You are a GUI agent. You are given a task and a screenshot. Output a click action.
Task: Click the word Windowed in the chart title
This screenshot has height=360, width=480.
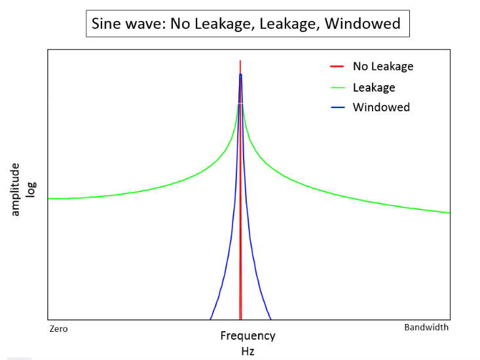[362, 24]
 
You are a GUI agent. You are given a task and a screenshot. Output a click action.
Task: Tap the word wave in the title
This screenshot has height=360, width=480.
[144, 24]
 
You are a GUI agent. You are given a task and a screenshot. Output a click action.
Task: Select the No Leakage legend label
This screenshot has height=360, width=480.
[382, 66]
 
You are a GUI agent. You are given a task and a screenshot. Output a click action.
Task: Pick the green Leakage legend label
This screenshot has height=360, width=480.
[373, 87]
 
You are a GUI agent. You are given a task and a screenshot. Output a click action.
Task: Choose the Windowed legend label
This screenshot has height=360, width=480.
[381, 107]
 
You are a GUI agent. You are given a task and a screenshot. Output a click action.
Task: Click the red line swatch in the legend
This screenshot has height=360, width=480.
[337, 66]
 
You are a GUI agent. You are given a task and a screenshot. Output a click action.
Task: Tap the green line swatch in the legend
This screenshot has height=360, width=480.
[337, 87]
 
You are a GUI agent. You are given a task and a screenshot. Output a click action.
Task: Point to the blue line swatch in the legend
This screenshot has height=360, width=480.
[337, 107]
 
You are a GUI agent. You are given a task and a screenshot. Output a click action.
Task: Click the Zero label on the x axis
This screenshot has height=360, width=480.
[59, 329]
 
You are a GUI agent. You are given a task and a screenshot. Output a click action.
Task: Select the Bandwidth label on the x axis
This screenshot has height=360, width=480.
[426, 327]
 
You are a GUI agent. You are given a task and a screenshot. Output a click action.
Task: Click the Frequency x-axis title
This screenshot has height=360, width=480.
[248, 336]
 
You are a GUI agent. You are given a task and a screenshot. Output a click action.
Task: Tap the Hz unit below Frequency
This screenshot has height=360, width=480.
[248, 351]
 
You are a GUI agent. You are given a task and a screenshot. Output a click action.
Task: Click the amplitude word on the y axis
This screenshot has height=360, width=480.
[16, 189]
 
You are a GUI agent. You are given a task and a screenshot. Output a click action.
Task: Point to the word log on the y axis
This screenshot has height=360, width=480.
[31, 189]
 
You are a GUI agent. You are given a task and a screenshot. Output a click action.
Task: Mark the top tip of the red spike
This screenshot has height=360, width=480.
[240, 61]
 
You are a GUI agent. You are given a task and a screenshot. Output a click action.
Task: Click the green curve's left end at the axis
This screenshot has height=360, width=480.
[48, 198]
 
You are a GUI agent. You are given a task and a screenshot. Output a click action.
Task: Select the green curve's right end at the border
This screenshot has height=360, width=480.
[449, 213]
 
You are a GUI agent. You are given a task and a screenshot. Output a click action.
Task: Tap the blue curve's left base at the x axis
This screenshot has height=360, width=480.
[210, 319]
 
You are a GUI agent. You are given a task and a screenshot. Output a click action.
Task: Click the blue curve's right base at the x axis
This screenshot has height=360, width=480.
[270, 319]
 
